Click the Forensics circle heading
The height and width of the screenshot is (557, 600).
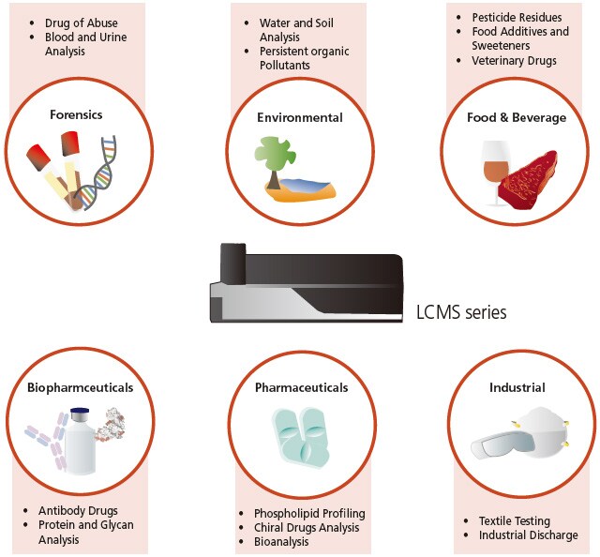pos(77,115)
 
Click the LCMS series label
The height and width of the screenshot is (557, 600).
pos(461,313)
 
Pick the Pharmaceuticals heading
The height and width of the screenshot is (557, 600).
pos(301,387)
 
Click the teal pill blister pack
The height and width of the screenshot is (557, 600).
pos(301,440)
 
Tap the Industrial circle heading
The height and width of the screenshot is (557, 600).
pos(517,387)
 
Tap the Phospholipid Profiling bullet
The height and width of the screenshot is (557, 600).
pos(309,514)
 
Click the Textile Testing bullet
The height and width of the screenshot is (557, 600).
pos(514,520)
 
